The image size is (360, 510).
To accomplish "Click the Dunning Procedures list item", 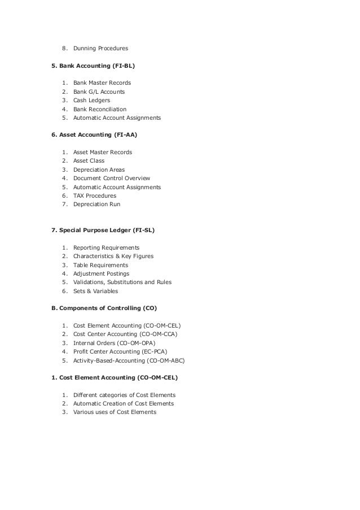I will [100, 49].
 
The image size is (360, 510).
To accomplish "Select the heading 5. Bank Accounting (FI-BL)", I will [93, 67].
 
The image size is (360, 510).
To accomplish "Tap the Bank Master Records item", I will [102, 83].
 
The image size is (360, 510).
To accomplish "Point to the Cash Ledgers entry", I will [91, 101].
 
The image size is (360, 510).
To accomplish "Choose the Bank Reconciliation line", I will [100, 109].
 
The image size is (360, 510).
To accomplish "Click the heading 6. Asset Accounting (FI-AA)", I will [94, 136].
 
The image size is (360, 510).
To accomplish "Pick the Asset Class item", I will [89, 161].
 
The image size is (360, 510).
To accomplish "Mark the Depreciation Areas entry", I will [99, 169].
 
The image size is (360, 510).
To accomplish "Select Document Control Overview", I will [112, 178].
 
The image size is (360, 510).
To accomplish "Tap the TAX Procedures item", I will [95, 195].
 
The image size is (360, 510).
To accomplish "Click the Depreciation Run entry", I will [96, 204].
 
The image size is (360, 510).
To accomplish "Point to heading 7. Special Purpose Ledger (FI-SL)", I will [103, 230].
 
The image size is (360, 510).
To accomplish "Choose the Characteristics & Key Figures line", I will [113, 256].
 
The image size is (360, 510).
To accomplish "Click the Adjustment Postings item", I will [101, 274].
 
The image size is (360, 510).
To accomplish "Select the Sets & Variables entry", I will [96, 291].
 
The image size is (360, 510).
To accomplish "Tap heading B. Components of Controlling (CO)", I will [104, 308].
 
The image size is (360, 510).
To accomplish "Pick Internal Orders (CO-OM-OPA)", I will [115, 343].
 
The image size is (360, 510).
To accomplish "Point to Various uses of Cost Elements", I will [115, 412].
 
